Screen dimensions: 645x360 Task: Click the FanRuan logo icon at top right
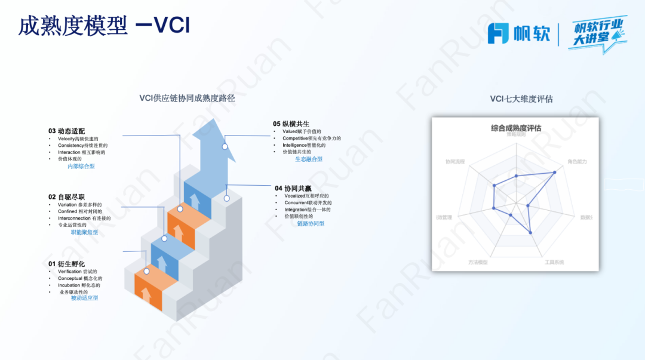pos(498,33)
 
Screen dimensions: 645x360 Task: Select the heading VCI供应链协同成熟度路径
pos(191,98)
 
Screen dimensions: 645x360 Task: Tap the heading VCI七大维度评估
pos(521,99)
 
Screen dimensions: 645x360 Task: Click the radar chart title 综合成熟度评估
pos(516,128)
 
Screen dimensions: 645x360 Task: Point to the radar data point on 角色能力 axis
pos(555,172)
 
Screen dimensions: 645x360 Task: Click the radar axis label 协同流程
pos(455,162)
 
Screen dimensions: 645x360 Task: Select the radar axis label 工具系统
pos(554,262)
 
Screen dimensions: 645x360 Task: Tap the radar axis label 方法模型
pos(478,262)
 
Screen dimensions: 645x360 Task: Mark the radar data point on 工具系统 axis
pos(531,232)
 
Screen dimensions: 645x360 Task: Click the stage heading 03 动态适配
pos(67,131)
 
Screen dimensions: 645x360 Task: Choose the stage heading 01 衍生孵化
pos(67,263)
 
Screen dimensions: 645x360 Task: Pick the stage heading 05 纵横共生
pos(291,124)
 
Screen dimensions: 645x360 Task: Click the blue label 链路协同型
pos(311,223)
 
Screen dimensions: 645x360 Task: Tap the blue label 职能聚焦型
pos(84,232)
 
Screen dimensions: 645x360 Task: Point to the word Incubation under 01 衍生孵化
pos(69,285)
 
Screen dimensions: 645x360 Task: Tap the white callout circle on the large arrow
pos(225,146)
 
